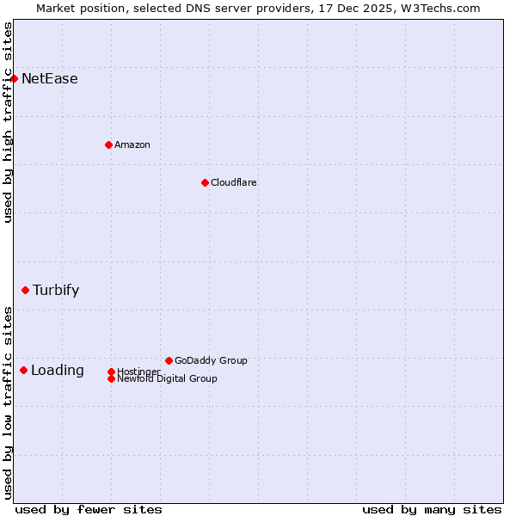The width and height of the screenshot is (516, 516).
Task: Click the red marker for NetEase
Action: pyautogui.click(x=15, y=79)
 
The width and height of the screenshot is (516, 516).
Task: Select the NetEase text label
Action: pyautogui.click(x=50, y=79)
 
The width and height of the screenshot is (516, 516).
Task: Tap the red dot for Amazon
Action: pyautogui.click(x=108, y=144)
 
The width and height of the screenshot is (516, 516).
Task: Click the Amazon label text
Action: pyautogui.click(x=132, y=144)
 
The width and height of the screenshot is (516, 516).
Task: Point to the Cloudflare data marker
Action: pyautogui.click(x=205, y=182)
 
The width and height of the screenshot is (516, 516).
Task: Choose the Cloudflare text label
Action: pyautogui.click(x=234, y=182)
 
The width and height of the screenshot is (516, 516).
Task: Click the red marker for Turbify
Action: pyautogui.click(x=25, y=291)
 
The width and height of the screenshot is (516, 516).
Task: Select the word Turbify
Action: pyautogui.click(x=56, y=291)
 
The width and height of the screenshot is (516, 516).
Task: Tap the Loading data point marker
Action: pyautogui.click(x=23, y=371)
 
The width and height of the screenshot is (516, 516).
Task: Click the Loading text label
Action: pyautogui.click(x=58, y=371)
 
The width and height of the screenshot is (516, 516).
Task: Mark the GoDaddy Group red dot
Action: pyautogui.click(x=169, y=360)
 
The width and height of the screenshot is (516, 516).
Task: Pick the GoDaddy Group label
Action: pyautogui.click(x=211, y=360)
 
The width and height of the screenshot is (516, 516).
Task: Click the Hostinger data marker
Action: pyautogui.click(x=111, y=372)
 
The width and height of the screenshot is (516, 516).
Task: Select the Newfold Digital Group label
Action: pyautogui.click(x=167, y=379)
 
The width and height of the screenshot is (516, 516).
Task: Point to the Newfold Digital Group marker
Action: pyautogui.click(x=111, y=378)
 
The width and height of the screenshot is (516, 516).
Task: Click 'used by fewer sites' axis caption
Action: pyautogui.click(x=89, y=510)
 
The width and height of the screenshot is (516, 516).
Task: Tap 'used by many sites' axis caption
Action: pyautogui.click(x=432, y=510)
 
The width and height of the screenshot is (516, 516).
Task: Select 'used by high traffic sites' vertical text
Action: pyautogui.click(x=9, y=122)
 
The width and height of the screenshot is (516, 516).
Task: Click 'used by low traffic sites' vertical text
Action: pyautogui.click(x=9, y=402)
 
